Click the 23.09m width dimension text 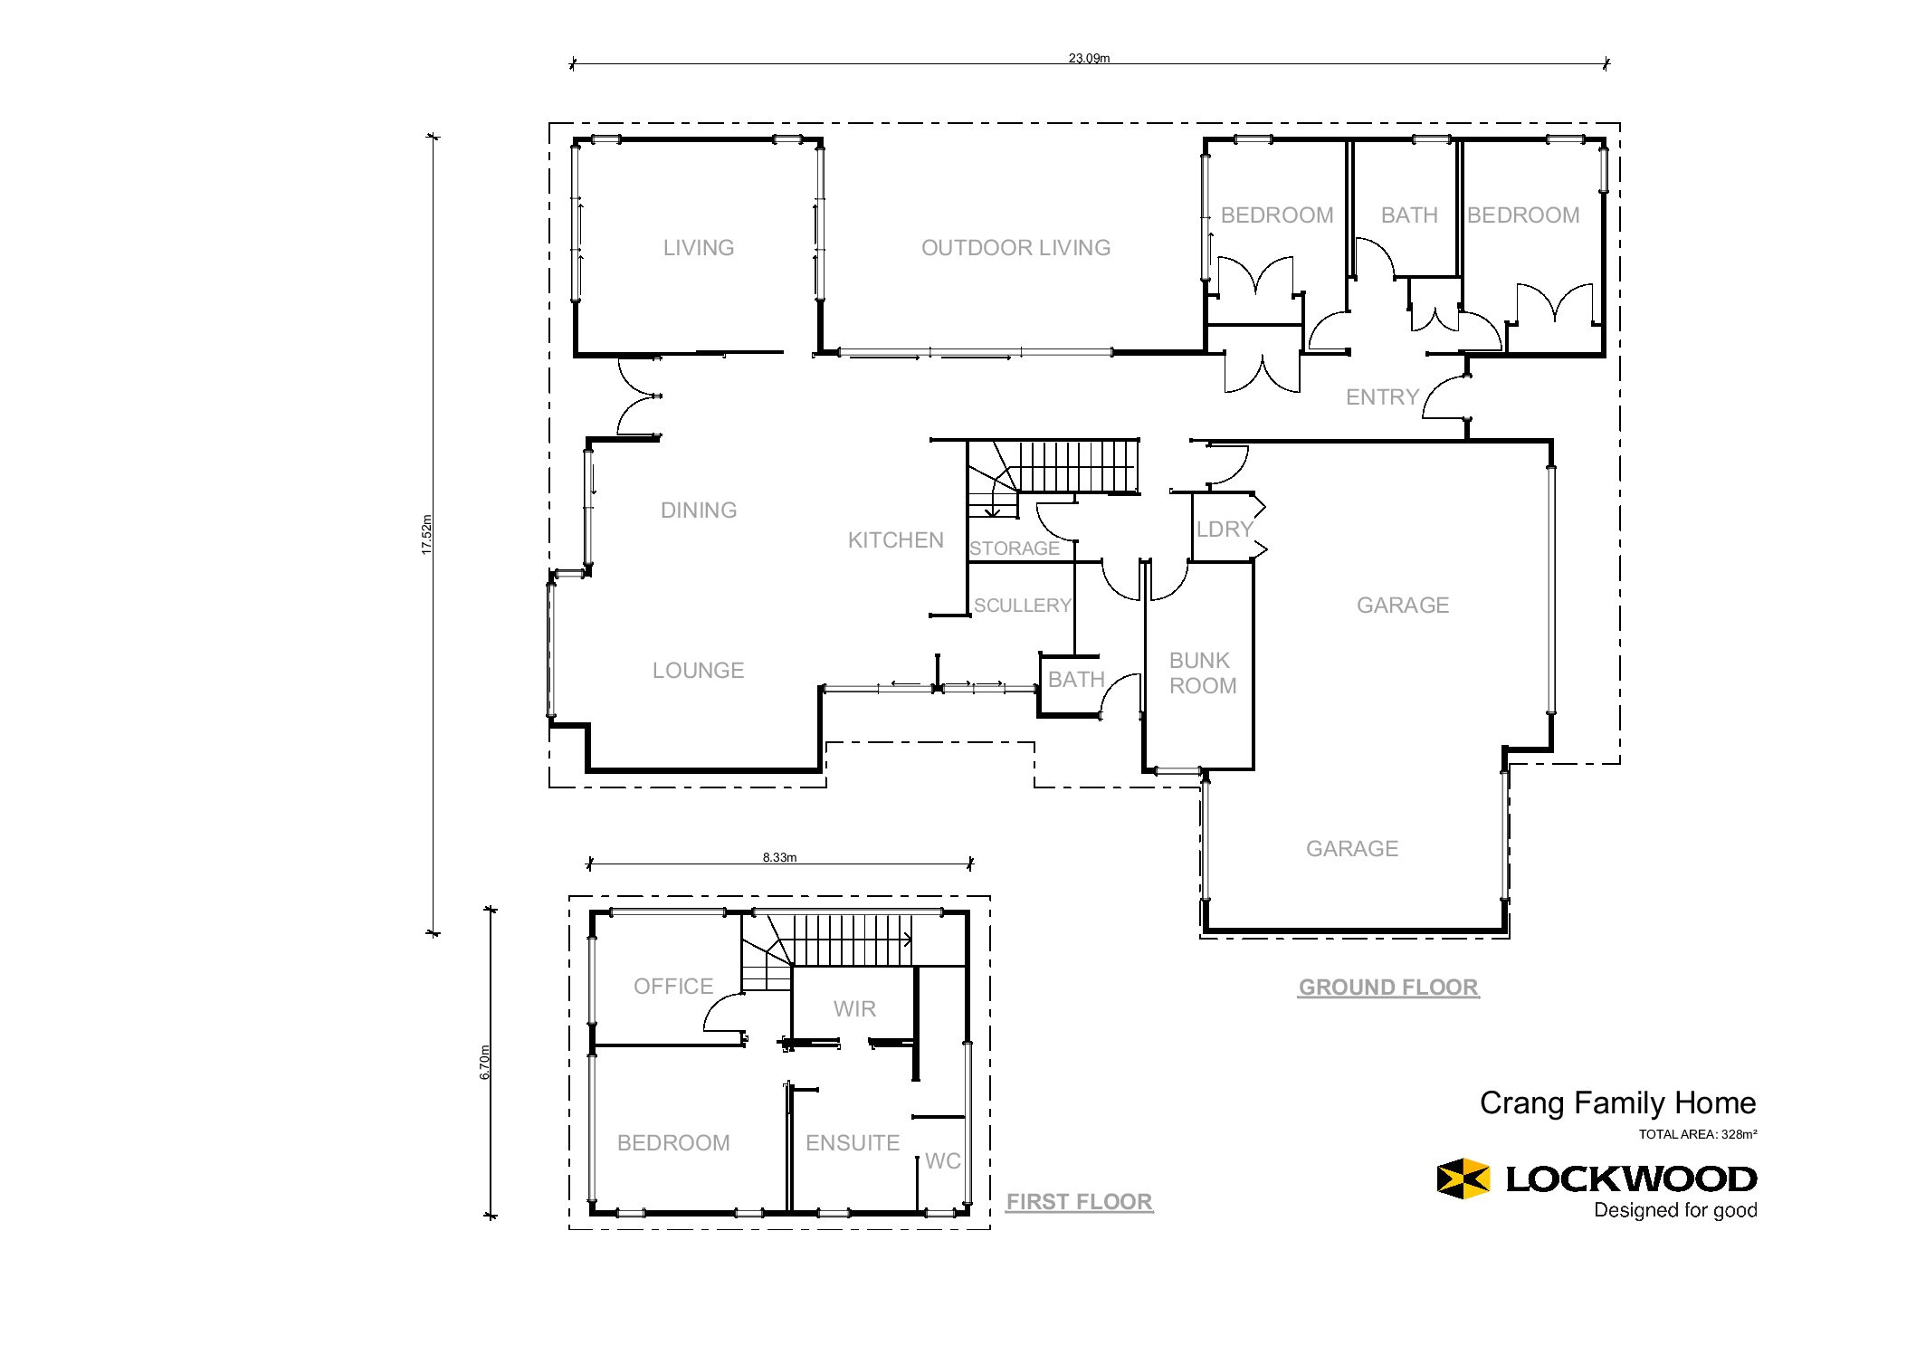click(1089, 58)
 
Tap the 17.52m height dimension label click(426, 534)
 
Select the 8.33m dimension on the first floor click(779, 857)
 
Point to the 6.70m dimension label click(484, 1062)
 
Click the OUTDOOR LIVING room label click(1015, 248)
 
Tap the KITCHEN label click(896, 540)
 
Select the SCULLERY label click(1023, 606)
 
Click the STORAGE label click(1015, 549)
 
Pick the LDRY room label click(1225, 530)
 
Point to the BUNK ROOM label click(1203, 673)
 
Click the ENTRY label click(1382, 397)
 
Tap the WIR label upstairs click(854, 1009)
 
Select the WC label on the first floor click(942, 1161)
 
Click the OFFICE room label click(673, 987)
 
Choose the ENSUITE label click(853, 1143)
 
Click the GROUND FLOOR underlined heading click(1388, 988)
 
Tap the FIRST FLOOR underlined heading click(1080, 1202)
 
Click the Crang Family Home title click(1617, 1103)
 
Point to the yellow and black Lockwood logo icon click(1463, 1178)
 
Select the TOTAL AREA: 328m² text click(1698, 1134)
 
